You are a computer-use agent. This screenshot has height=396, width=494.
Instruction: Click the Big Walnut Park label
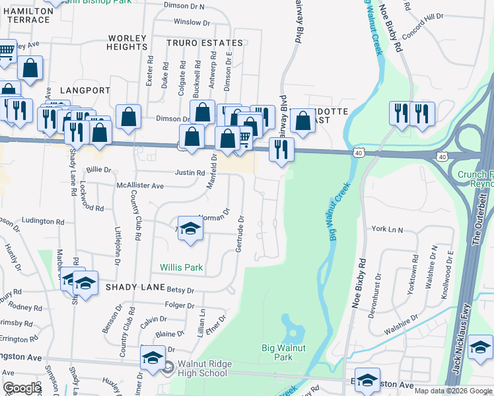pyautogui.click(x=286, y=352)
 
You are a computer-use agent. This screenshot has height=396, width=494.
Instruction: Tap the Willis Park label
pyautogui.click(x=182, y=268)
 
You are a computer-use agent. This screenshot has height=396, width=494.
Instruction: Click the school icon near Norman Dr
pyautogui.click(x=191, y=228)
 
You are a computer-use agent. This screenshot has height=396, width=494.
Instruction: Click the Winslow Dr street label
pyautogui.click(x=192, y=22)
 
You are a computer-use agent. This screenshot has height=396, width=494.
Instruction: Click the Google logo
pyautogui.click(x=22, y=387)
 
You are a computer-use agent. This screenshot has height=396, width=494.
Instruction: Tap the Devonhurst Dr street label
pyautogui.click(x=377, y=294)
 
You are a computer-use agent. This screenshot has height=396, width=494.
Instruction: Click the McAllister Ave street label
pyautogui.click(x=139, y=186)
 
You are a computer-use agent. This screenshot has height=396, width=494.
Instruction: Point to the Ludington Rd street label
pyautogui.click(x=41, y=220)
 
